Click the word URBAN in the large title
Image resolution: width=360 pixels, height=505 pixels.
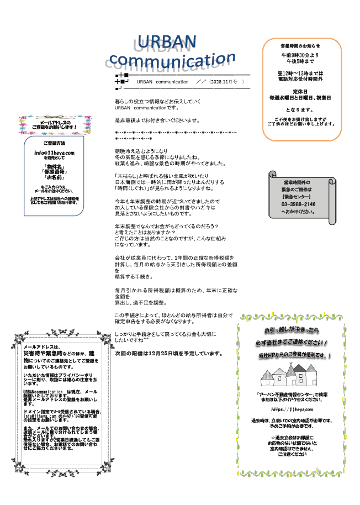pyautogui.click(x=166, y=41)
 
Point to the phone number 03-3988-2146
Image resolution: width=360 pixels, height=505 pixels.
pyautogui.click(x=299, y=204)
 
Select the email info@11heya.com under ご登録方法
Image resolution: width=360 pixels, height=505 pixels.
pyautogui.click(x=54, y=152)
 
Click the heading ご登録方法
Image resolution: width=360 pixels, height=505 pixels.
pyautogui.click(x=54, y=143)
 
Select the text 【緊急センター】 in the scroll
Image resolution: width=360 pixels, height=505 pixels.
pyautogui.click(x=298, y=196)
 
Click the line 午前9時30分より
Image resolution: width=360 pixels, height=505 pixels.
pyautogui.click(x=300, y=55)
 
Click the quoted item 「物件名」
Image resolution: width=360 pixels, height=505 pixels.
pyautogui.click(x=54, y=166)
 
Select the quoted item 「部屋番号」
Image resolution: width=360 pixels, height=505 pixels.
pyautogui.click(x=54, y=172)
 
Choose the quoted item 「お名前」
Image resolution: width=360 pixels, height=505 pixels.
pyautogui.click(x=54, y=178)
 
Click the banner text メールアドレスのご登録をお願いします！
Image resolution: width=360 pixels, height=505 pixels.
pyautogui.click(x=54, y=124)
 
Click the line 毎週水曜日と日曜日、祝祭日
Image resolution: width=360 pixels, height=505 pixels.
pyautogui.click(x=300, y=98)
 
